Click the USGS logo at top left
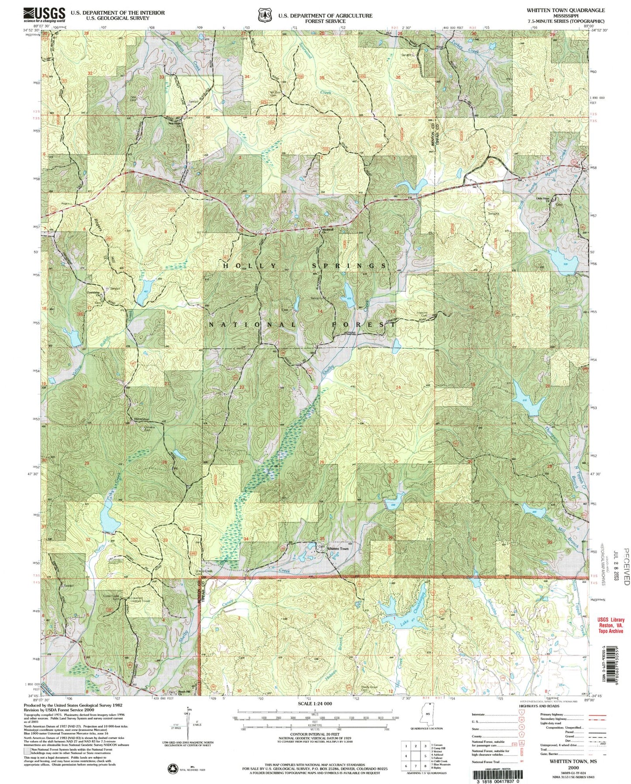(44, 14)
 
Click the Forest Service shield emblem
(263, 15)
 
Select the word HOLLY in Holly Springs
(250, 266)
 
